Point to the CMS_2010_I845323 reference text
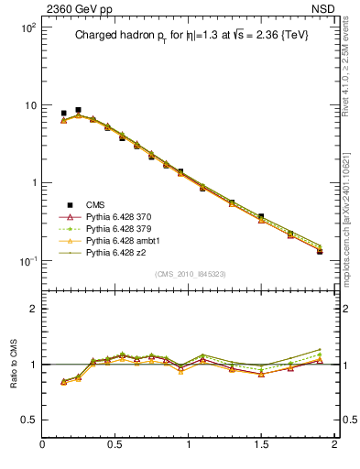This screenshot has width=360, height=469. [189, 273]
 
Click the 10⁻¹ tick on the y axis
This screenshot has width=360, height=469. [27, 260]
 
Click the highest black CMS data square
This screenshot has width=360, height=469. [78, 110]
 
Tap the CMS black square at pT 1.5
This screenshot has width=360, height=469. [261, 217]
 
